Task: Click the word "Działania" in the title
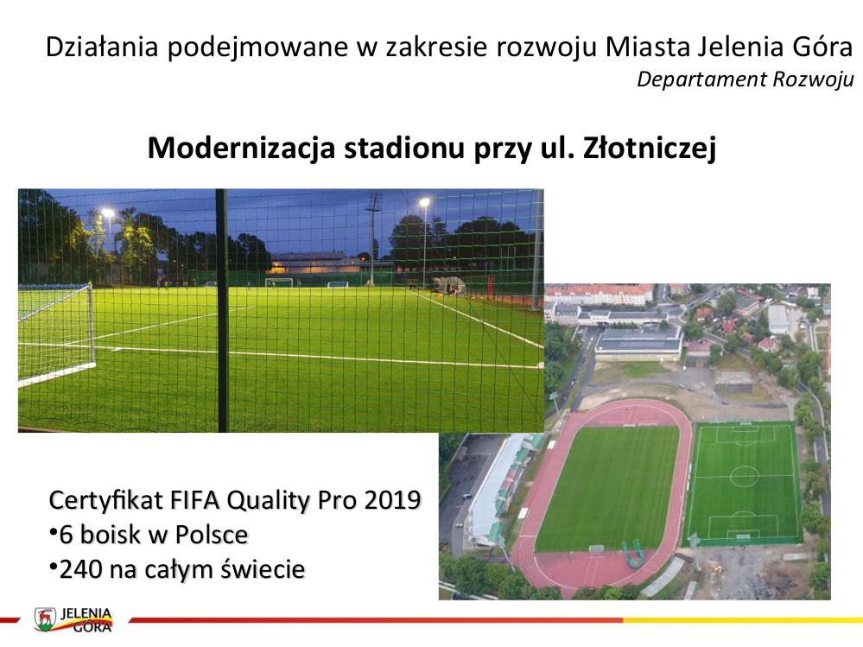coord(102,47)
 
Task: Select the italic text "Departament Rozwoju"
coord(746,79)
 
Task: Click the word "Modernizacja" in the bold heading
coord(241,148)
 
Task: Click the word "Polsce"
coord(212,535)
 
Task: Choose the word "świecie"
coord(263,569)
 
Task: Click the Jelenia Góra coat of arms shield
coord(46,619)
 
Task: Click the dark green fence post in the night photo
coord(222,310)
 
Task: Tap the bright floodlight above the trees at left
coord(108,212)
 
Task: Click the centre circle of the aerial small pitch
coord(744,477)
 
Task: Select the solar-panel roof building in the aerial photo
coord(639,342)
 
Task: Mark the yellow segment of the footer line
coord(743,620)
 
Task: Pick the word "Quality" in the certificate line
coord(269,501)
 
